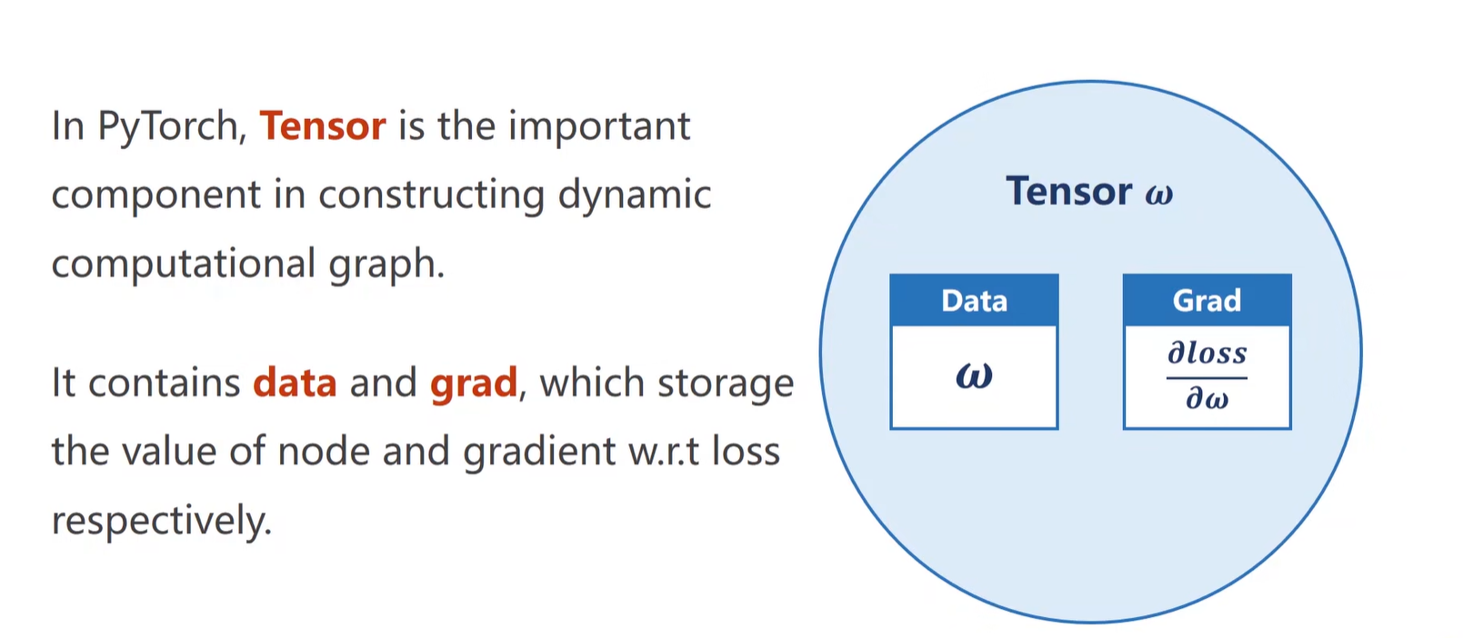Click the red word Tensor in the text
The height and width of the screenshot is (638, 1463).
(323, 125)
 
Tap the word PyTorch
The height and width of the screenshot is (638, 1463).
(171, 127)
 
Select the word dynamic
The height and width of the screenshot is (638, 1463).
(634, 195)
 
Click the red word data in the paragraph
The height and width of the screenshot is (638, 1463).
(295, 383)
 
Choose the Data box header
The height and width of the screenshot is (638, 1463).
(974, 300)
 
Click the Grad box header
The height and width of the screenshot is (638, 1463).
(1207, 300)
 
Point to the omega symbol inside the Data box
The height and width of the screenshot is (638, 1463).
(974, 375)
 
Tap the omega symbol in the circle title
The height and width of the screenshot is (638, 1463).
(1159, 194)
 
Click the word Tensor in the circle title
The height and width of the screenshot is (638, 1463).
(1068, 192)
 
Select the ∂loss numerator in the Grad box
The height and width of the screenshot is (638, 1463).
(1207, 353)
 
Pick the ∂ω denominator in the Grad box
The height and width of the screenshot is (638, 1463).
(1207, 399)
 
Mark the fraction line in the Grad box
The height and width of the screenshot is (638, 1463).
(1207, 377)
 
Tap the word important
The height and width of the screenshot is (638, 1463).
(599, 127)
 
